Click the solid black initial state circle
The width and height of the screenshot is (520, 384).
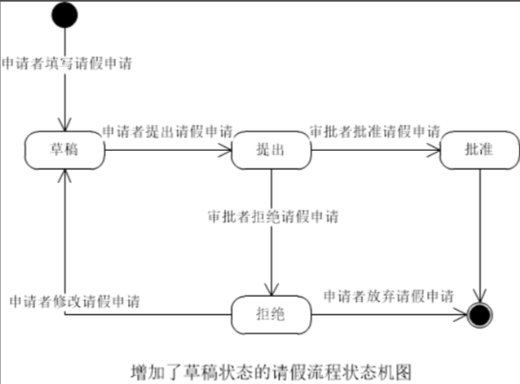pyautogui.click(x=64, y=15)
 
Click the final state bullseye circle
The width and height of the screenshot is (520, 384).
pyautogui.click(x=479, y=315)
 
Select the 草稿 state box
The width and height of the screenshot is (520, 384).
pyautogui.click(x=65, y=150)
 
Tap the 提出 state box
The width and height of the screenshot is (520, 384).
pyautogui.click(x=271, y=150)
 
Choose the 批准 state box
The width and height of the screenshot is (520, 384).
pyautogui.click(x=479, y=150)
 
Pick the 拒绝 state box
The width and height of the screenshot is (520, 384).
pyautogui.click(x=271, y=314)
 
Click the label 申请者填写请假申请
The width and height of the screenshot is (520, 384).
pyautogui.click(x=67, y=63)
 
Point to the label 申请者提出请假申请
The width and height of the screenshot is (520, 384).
pyautogui.click(x=168, y=132)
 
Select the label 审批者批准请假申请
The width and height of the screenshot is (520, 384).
pyautogui.click(x=375, y=132)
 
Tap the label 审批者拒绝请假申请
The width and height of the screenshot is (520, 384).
pyautogui.click(x=274, y=216)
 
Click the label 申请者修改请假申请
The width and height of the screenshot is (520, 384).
pyautogui.click(x=75, y=301)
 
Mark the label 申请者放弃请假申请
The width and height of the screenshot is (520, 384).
pyautogui.click(x=388, y=296)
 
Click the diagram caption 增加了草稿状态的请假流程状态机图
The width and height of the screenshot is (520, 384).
pyautogui.click(x=271, y=372)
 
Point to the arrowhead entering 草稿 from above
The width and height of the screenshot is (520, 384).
pyautogui.click(x=65, y=125)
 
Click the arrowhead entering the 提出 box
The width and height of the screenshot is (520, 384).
pyautogui.click(x=225, y=150)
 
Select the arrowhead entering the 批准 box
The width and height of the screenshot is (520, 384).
pyautogui.click(x=433, y=150)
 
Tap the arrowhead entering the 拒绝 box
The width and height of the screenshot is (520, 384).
pyautogui.click(x=272, y=290)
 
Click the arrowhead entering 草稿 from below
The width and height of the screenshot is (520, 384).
pyautogui.click(x=64, y=176)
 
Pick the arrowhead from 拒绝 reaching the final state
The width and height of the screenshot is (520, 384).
pyautogui.click(x=460, y=315)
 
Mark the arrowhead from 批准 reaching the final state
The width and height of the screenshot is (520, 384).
pyautogui.click(x=479, y=296)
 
